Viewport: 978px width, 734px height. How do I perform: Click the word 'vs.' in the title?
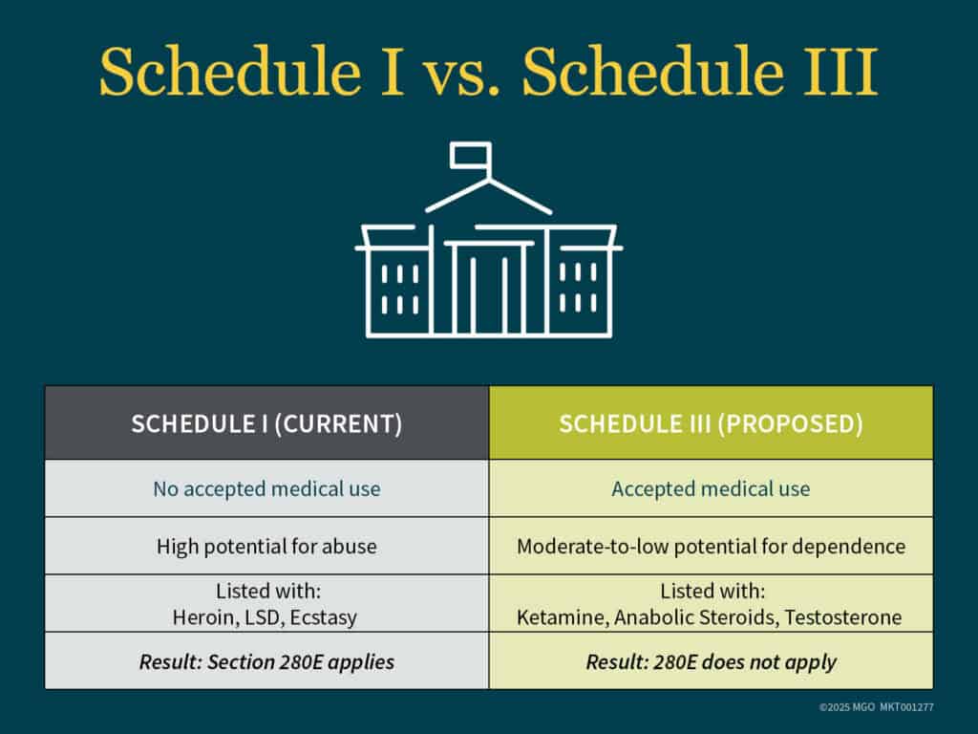(463, 73)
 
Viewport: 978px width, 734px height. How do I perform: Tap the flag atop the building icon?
(471, 155)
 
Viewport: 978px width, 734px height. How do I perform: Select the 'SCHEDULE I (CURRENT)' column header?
(266, 423)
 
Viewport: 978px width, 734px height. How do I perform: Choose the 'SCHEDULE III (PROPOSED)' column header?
(711, 423)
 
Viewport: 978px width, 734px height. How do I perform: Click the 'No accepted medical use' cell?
(266, 489)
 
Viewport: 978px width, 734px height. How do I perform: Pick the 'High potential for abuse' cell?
(266, 547)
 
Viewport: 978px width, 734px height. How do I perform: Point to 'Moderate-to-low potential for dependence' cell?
(711, 547)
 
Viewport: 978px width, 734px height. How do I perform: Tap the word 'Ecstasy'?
(326, 617)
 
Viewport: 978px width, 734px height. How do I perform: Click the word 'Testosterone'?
(842, 617)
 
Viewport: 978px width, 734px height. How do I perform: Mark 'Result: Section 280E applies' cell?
(266, 661)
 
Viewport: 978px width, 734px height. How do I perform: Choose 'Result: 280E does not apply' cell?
(711, 661)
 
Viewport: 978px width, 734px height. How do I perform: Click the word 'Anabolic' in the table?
(654, 617)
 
